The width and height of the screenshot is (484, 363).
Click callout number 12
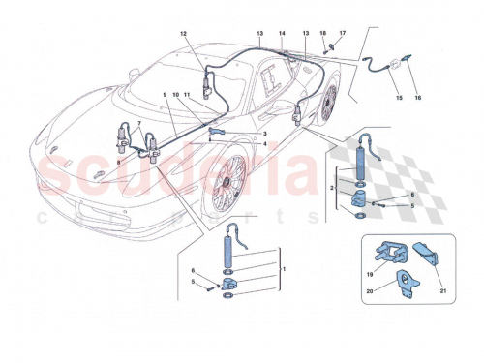(x=181, y=34)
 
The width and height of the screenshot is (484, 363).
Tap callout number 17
(x=342, y=34)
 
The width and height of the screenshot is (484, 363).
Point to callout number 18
(x=323, y=34)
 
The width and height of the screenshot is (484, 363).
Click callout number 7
(x=140, y=123)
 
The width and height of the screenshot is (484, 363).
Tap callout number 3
(x=264, y=134)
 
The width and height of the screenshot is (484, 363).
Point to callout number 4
(x=264, y=144)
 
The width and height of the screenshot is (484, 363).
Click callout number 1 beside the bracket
(x=282, y=266)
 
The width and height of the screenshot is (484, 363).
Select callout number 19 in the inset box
(x=369, y=274)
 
